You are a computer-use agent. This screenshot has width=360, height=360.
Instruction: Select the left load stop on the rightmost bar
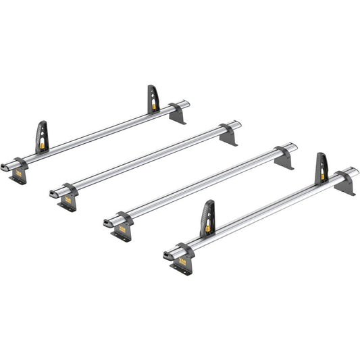[x=207, y=218]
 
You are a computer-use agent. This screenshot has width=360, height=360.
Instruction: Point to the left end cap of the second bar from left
[x=53, y=195]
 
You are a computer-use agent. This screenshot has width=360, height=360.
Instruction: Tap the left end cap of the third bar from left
[x=107, y=222]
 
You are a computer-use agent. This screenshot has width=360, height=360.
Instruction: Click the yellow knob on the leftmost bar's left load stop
[x=44, y=144]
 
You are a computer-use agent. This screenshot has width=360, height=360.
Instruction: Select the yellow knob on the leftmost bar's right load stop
[x=155, y=105]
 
